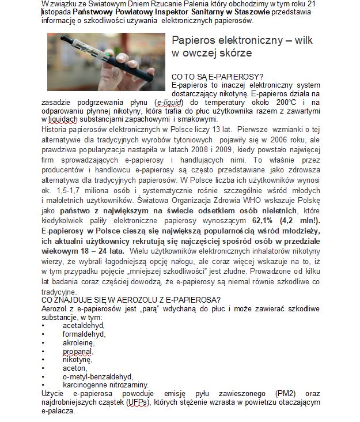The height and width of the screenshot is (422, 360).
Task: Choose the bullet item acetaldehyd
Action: pyautogui.click(x=84, y=325)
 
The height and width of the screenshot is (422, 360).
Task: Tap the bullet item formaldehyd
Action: pyautogui.click(x=84, y=334)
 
